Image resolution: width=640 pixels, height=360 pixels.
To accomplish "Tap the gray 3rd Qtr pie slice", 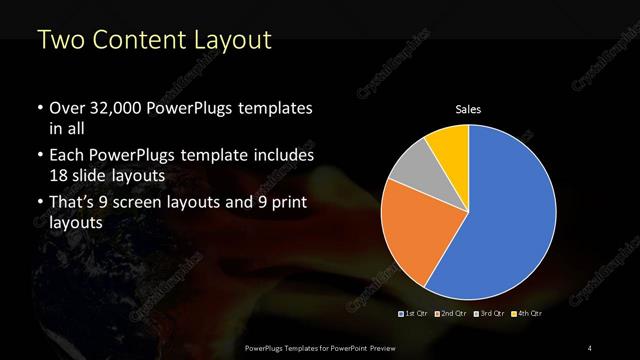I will pos(411,169).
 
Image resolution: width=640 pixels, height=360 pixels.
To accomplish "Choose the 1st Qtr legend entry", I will pos(414,313).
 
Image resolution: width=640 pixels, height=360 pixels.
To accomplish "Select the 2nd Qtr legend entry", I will pos(452,313).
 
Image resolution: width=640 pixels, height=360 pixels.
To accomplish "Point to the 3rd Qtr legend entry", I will pos(490,313).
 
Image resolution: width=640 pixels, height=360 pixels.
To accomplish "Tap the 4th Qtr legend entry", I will pos(528,313).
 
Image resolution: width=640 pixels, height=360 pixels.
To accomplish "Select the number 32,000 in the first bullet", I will pos(115,108).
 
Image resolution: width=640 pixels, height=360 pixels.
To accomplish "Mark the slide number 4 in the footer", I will pos(591,347).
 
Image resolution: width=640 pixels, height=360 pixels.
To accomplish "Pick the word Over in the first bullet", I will pos(67,108).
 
